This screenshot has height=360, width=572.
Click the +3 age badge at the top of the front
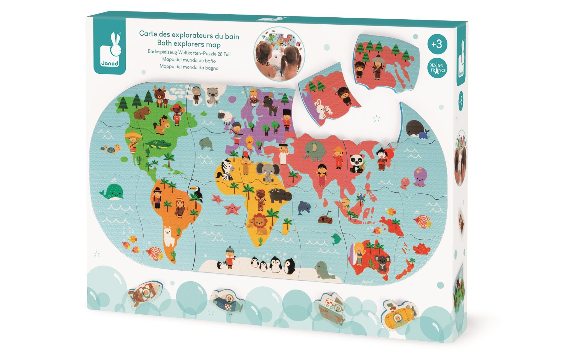click(437, 44)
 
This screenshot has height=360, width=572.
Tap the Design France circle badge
click(437, 68)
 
